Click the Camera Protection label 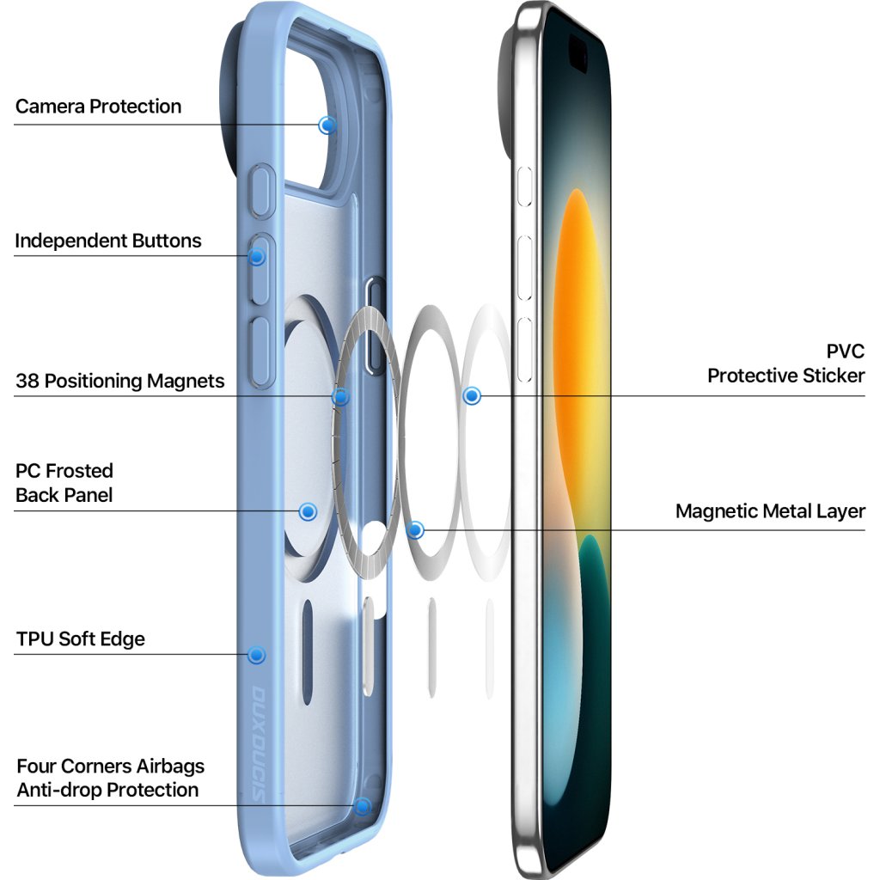[99, 107]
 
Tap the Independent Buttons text [108, 241]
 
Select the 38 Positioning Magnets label [120, 381]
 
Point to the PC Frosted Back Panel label [64, 483]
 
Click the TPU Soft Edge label [81, 639]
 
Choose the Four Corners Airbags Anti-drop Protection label [110, 778]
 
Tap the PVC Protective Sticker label [785, 364]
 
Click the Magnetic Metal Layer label [770, 511]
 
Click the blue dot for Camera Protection [327, 125]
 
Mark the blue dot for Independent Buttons [257, 255]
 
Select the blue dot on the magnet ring [341, 396]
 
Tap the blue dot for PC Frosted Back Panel [308, 512]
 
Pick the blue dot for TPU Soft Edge [256, 655]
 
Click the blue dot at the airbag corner [363, 806]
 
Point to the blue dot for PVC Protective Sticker [471, 396]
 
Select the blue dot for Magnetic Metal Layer [416, 530]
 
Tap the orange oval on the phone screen [577, 344]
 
